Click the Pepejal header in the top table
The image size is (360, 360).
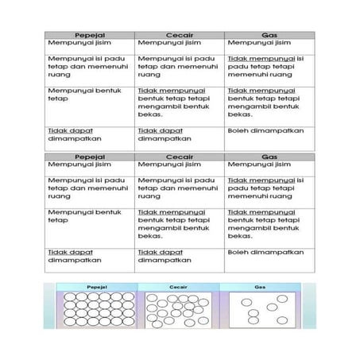(89, 35)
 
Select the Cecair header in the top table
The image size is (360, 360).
(180, 35)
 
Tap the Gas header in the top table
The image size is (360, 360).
(269, 35)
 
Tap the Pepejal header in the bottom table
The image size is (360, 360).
(89, 157)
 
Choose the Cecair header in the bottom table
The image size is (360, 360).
(180, 157)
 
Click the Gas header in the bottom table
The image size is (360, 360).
(269, 157)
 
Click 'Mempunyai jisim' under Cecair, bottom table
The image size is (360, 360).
(165, 165)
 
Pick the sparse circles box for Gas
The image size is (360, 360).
(265, 309)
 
